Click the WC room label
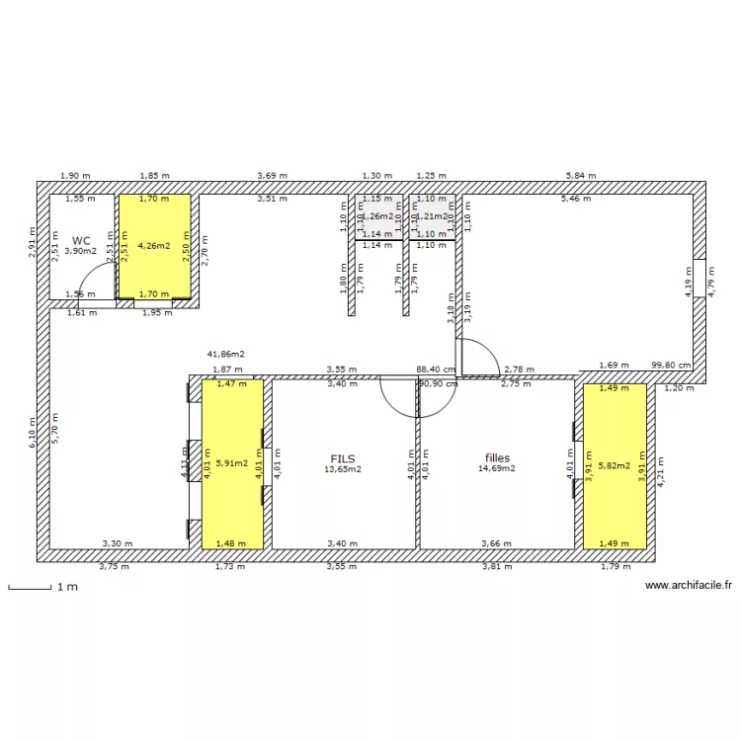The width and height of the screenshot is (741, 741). coord(81,239)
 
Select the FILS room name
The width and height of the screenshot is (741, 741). coord(343,458)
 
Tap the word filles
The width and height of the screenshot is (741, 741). coord(497,457)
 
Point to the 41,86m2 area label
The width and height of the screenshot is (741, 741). coord(225,353)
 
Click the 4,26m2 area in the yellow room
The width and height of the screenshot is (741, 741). coord(155,245)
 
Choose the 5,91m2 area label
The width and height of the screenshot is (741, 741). coord(233,461)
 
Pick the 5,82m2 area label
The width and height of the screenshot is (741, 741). coord(614,463)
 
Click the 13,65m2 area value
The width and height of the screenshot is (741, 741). coord(343,470)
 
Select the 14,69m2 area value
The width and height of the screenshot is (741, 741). coord(497,468)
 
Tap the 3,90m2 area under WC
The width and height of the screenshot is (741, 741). coord(81,251)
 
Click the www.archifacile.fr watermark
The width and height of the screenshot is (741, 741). coord(688,585)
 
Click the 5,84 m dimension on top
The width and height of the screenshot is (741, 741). coord(581,175)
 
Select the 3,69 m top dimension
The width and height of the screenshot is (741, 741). coord(272,175)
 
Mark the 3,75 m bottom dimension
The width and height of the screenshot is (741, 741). coord(114,567)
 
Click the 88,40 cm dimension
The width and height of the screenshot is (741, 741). coord(435,370)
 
